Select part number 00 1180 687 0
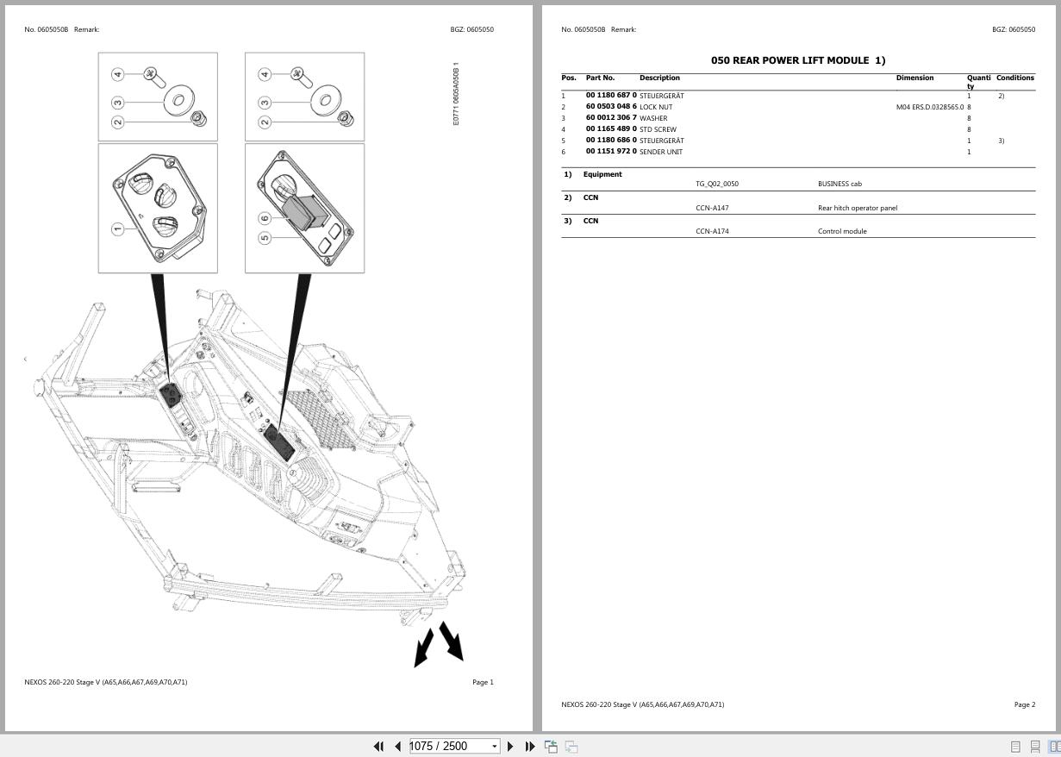[611, 96]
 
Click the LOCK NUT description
[656, 107]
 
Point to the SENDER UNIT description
[661, 152]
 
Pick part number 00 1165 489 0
[611, 129]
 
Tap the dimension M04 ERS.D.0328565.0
[929, 107]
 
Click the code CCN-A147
[712, 208]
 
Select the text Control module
[842, 231]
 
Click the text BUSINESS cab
[839, 184]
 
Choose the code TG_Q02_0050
[717, 184]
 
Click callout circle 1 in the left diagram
[118, 228]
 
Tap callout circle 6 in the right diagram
[265, 218]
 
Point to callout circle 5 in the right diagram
[265, 238]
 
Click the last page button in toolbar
[530, 747]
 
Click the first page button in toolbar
[378, 747]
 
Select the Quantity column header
[978, 81]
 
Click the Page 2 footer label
[1024, 704]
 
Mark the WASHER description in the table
[653, 118]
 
